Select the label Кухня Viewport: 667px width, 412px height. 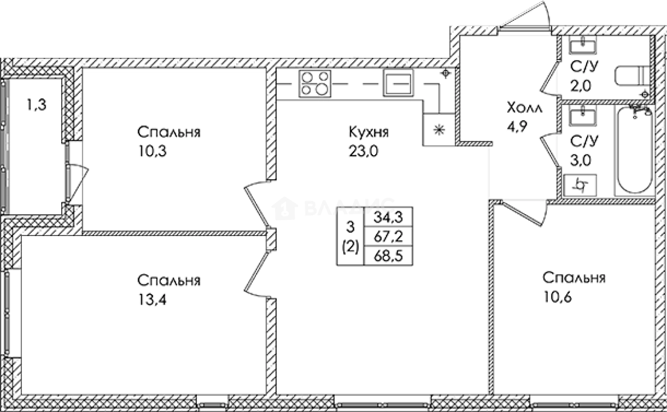(x=369, y=132)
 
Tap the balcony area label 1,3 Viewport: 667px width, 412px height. (x=36, y=105)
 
